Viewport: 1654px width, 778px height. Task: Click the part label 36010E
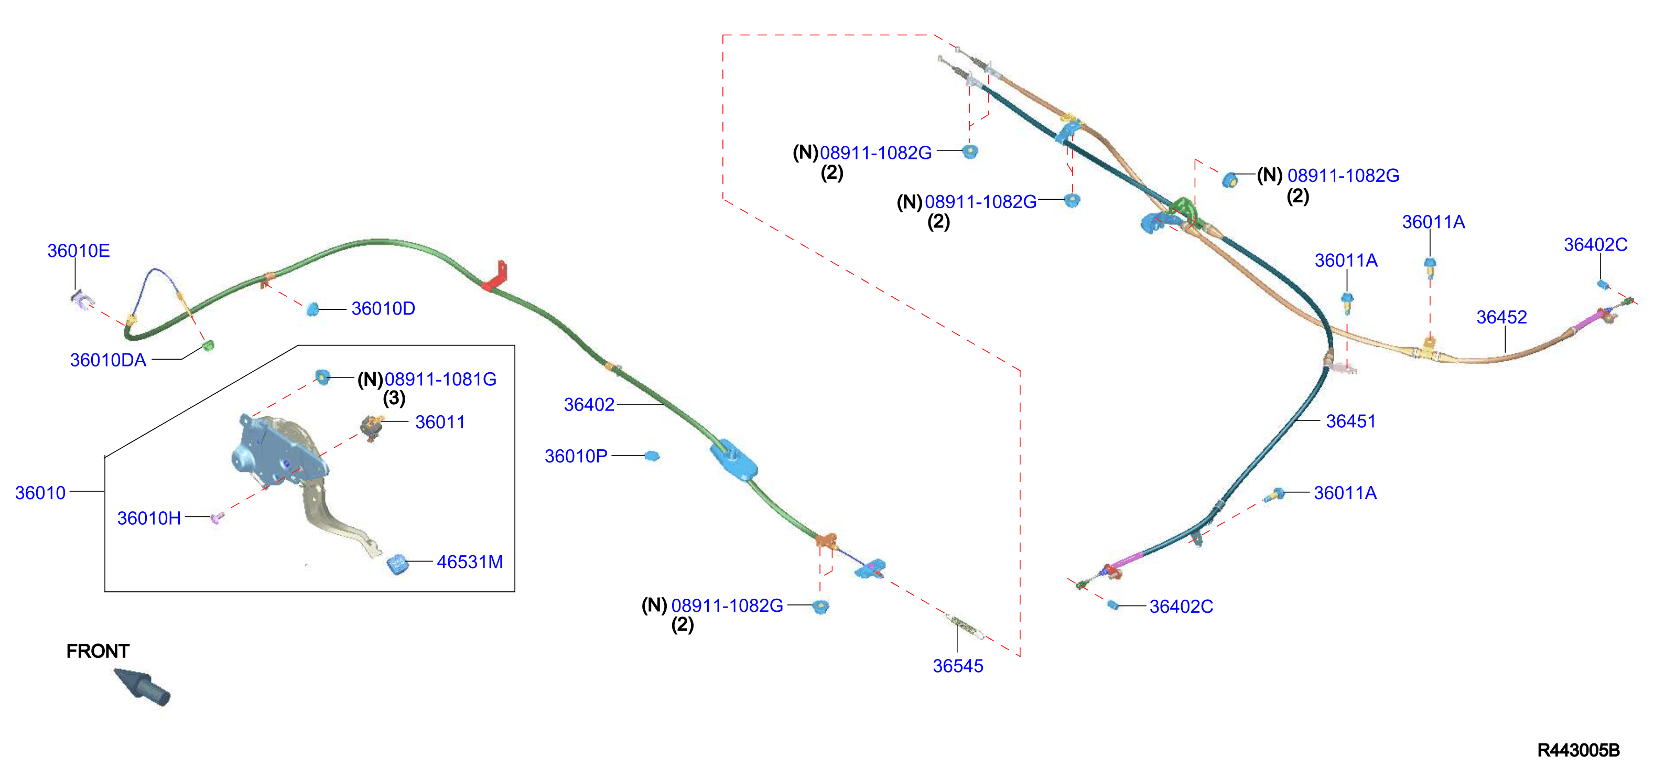(x=78, y=251)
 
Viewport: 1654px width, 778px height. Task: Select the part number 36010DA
(x=108, y=360)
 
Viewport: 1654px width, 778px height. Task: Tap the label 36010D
(x=383, y=309)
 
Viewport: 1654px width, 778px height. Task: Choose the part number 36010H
(x=149, y=518)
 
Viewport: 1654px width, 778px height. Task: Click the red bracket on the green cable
(x=496, y=277)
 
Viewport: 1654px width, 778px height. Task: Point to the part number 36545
(x=958, y=666)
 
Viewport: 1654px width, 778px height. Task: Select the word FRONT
(x=98, y=651)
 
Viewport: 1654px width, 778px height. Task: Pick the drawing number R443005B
(x=1578, y=750)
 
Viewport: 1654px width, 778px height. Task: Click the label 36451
(x=1351, y=421)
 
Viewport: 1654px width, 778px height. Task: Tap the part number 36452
(x=1501, y=317)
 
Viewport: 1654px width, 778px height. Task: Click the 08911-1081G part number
(x=440, y=380)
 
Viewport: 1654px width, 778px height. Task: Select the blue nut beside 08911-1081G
(x=322, y=377)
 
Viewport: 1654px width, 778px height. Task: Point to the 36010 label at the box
(x=40, y=493)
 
